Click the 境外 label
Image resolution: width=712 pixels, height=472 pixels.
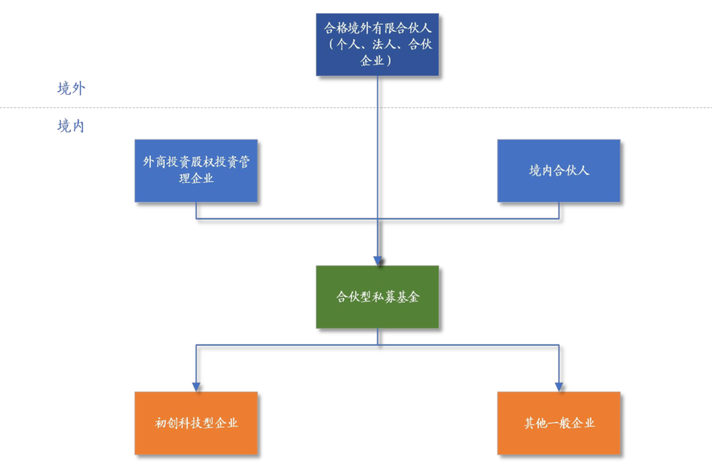pyautogui.click(x=71, y=89)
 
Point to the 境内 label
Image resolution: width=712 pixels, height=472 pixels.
pyautogui.click(x=71, y=126)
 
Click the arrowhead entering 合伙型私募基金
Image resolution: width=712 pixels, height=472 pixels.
pyautogui.click(x=378, y=259)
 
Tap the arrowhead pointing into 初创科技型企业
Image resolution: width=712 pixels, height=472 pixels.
pyautogui.click(x=196, y=386)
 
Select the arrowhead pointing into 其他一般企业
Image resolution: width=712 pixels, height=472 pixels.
pyautogui.click(x=559, y=386)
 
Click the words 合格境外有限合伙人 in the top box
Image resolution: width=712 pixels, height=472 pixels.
pyautogui.click(x=377, y=29)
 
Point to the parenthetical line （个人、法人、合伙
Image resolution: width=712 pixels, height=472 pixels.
pyautogui.click(x=377, y=45)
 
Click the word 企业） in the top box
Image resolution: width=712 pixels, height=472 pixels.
pyautogui.click(x=377, y=61)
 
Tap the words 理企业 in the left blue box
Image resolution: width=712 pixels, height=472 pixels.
pyautogui.click(x=196, y=178)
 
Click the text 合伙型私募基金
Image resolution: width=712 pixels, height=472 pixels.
pyautogui.click(x=377, y=297)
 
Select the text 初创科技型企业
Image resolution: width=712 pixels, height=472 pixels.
pyautogui.click(x=196, y=423)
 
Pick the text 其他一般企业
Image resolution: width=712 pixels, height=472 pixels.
pyautogui.click(x=559, y=423)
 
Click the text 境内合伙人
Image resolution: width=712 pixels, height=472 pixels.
pyautogui.click(x=558, y=170)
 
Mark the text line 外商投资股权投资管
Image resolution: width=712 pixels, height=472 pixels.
pyautogui.click(x=196, y=162)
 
